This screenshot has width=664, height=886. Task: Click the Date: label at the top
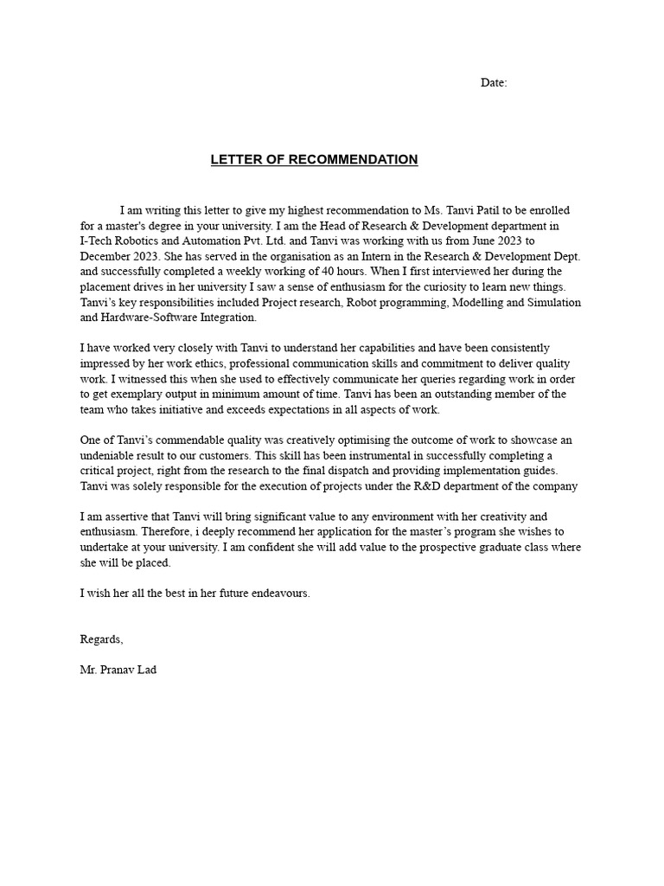coord(494,83)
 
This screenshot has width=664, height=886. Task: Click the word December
coord(111,257)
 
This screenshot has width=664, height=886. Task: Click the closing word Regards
coord(101,639)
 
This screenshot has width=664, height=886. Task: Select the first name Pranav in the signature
coord(118,671)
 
